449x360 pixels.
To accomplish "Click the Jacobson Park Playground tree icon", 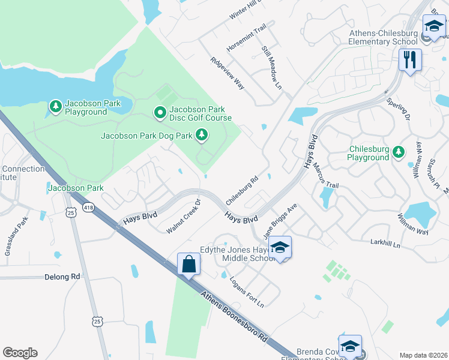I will (x=56, y=106).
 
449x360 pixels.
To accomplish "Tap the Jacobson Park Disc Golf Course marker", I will (x=160, y=112).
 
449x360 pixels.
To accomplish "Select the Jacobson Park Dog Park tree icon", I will (x=202, y=136).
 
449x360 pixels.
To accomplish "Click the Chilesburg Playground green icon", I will (x=398, y=152).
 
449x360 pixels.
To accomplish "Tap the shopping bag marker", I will (x=188, y=265).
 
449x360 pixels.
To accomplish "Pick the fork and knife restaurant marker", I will (x=410, y=60).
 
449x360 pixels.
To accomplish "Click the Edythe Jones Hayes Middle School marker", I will (x=280, y=247).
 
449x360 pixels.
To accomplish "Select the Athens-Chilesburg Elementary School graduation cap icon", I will (x=433, y=27).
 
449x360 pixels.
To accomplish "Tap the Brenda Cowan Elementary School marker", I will (x=350, y=346).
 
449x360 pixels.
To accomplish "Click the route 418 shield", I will (x=89, y=208).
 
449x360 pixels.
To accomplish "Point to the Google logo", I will (x=20, y=353).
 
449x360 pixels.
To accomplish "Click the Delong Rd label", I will (x=62, y=277).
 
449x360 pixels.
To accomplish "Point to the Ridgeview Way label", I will (x=228, y=74).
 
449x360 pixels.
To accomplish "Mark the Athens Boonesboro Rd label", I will (x=234, y=314).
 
